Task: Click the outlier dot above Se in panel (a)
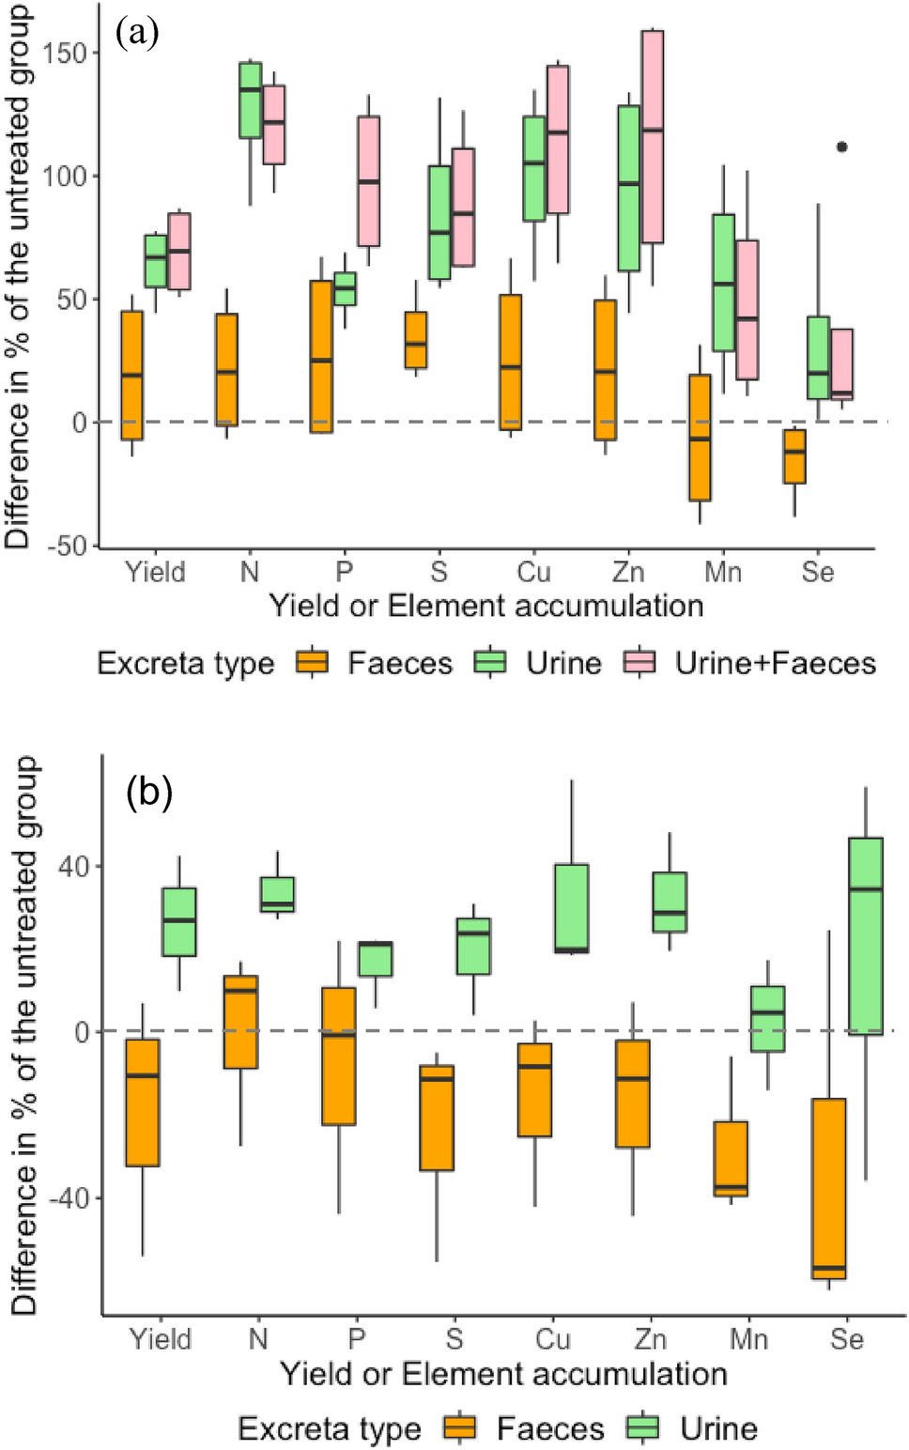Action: click(842, 147)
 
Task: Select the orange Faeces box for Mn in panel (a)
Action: click(700, 438)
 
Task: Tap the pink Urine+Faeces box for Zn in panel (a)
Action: click(653, 136)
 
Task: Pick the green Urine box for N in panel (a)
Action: click(251, 100)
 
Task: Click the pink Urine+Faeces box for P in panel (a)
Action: click(368, 181)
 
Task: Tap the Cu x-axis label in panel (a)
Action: click(534, 572)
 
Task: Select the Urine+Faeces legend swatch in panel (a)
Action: click(640, 663)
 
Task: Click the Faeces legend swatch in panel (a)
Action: click(313, 663)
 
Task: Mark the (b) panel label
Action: click(149, 794)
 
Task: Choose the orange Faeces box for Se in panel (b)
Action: click(828, 1189)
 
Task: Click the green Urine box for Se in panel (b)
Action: click(866, 936)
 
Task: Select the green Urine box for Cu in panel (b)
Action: click(572, 908)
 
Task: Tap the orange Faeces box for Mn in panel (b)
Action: click(731, 1158)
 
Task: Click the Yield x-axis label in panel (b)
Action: click(161, 1338)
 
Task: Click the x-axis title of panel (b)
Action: click(503, 1374)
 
